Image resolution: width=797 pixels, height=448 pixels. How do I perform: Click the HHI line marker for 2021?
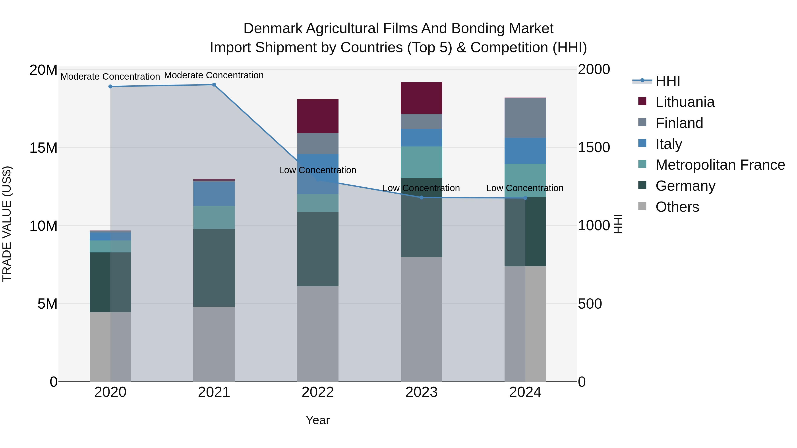(214, 85)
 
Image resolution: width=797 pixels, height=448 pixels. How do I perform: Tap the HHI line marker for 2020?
(110, 87)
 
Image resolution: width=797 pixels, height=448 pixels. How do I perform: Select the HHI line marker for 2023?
(421, 198)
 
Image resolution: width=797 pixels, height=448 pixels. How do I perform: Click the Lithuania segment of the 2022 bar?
(318, 116)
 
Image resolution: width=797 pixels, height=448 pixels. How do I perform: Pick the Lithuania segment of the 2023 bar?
(421, 98)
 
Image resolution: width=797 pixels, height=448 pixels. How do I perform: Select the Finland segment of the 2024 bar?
(525, 118)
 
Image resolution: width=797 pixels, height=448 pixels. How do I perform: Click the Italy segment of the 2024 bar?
(525, 151)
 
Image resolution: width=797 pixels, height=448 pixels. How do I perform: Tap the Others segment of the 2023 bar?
(421, 319)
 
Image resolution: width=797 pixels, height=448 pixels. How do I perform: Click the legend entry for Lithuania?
(685, 102)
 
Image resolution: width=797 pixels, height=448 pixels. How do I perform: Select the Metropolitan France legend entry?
(720, 165)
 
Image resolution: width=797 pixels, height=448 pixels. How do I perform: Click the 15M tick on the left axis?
(43, 148)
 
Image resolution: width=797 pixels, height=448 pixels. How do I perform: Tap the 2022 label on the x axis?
(318, 392)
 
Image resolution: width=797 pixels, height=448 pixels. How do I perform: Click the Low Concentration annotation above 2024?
(525, 188)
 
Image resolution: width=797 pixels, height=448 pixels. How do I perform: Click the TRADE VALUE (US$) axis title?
(7, 224)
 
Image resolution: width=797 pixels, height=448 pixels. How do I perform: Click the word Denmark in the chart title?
(273, 29)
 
